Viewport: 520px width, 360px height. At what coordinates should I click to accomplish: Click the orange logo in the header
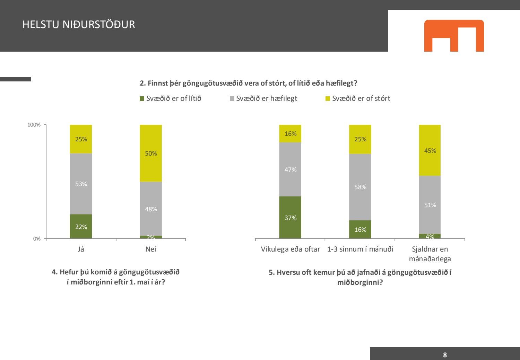click(454, 35)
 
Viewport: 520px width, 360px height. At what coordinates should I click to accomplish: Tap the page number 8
click(445, 355)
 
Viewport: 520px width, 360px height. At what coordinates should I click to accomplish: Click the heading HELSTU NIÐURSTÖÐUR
click(79, 25)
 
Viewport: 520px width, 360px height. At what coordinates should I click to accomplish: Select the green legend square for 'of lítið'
click(142, 99)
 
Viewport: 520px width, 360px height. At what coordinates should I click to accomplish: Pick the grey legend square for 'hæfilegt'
click(232, 99)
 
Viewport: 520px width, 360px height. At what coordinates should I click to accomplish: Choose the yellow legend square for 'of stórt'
click(328, 99)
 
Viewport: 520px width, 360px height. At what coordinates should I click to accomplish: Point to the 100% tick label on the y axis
click(34, 125)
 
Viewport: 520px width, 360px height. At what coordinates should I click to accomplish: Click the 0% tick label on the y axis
click(37, 239)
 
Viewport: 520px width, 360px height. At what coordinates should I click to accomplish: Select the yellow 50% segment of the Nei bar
click(151, 153)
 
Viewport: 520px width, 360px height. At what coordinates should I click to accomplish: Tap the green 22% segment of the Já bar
click(81, 227)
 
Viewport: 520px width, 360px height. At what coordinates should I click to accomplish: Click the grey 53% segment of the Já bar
click(81, 184)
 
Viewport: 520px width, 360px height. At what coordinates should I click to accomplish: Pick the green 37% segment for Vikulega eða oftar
click(290, 218)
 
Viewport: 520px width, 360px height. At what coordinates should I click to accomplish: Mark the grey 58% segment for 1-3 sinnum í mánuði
click(360, 187)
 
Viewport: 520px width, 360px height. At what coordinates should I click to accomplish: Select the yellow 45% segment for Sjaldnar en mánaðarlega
click(430, 150)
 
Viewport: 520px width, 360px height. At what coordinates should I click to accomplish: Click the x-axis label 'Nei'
click(151, 249)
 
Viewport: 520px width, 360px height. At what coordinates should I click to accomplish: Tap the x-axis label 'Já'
click(81, 249)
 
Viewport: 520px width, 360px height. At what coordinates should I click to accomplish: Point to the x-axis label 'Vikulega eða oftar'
click(290, 249)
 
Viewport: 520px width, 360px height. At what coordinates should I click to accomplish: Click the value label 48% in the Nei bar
click(151, 209)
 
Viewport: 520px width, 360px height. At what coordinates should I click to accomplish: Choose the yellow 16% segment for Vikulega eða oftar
click(290, 134)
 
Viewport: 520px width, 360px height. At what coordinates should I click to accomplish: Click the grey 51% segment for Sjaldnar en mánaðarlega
click(430, 205)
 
